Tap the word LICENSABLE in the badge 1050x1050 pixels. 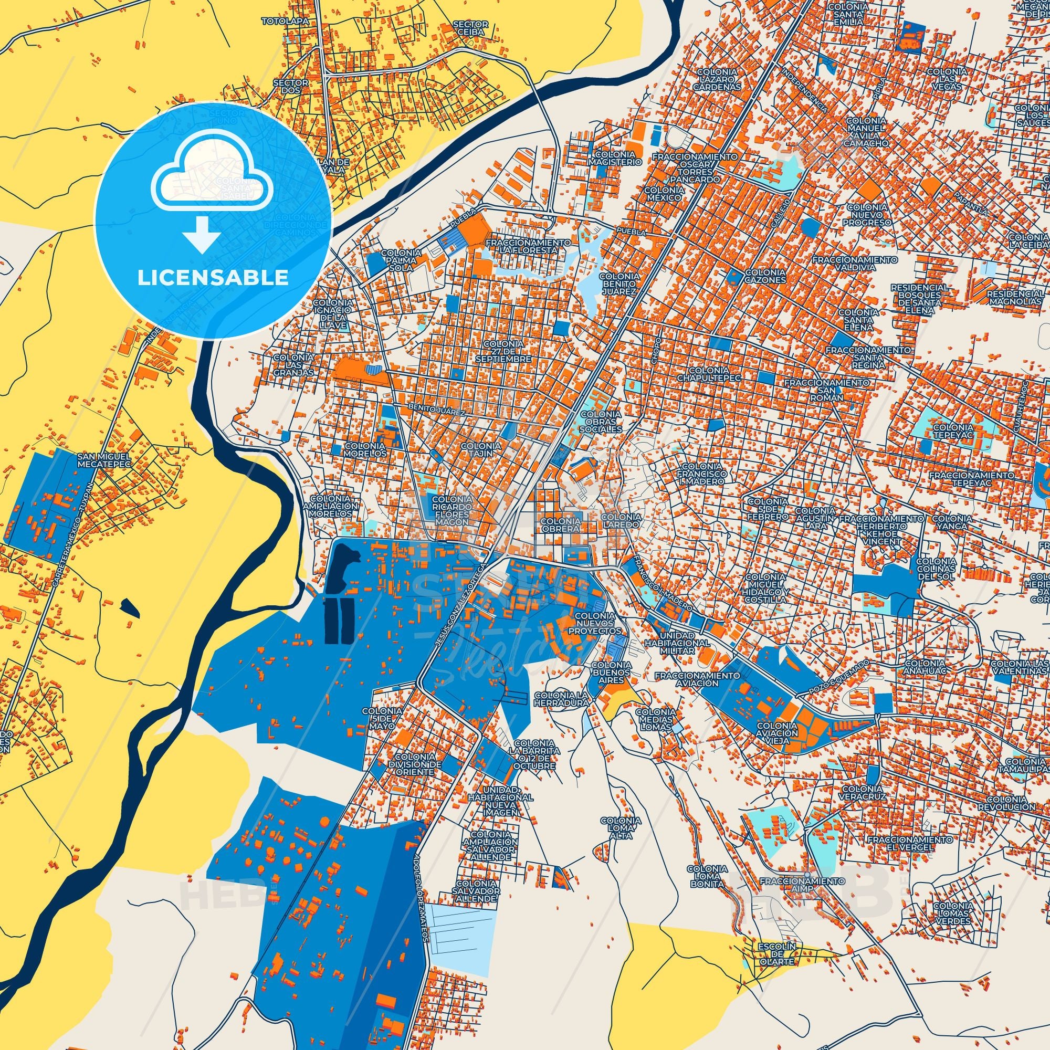point(213,278)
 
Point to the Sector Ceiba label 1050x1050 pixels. point(470,29)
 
